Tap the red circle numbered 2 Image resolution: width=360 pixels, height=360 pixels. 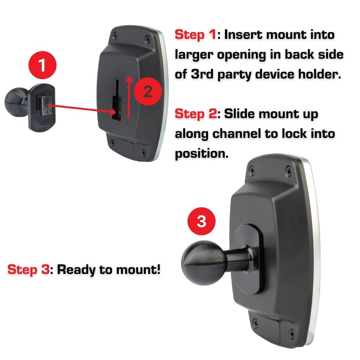point(148,92)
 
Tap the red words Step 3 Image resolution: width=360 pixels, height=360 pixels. point(28,269)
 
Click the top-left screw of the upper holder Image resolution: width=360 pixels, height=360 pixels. point(115,36)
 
